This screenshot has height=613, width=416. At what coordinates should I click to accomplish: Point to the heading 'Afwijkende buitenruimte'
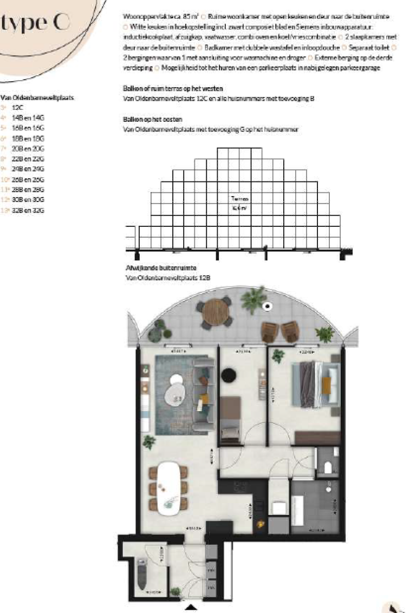(x=153, y=268)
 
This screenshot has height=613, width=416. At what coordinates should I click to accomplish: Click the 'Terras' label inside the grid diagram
(x=236, y=199)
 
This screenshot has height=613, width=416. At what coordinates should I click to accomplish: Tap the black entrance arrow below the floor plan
(x=190, y=607)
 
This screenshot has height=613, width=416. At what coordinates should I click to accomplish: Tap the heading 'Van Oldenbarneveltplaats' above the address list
(x=37, y=98)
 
